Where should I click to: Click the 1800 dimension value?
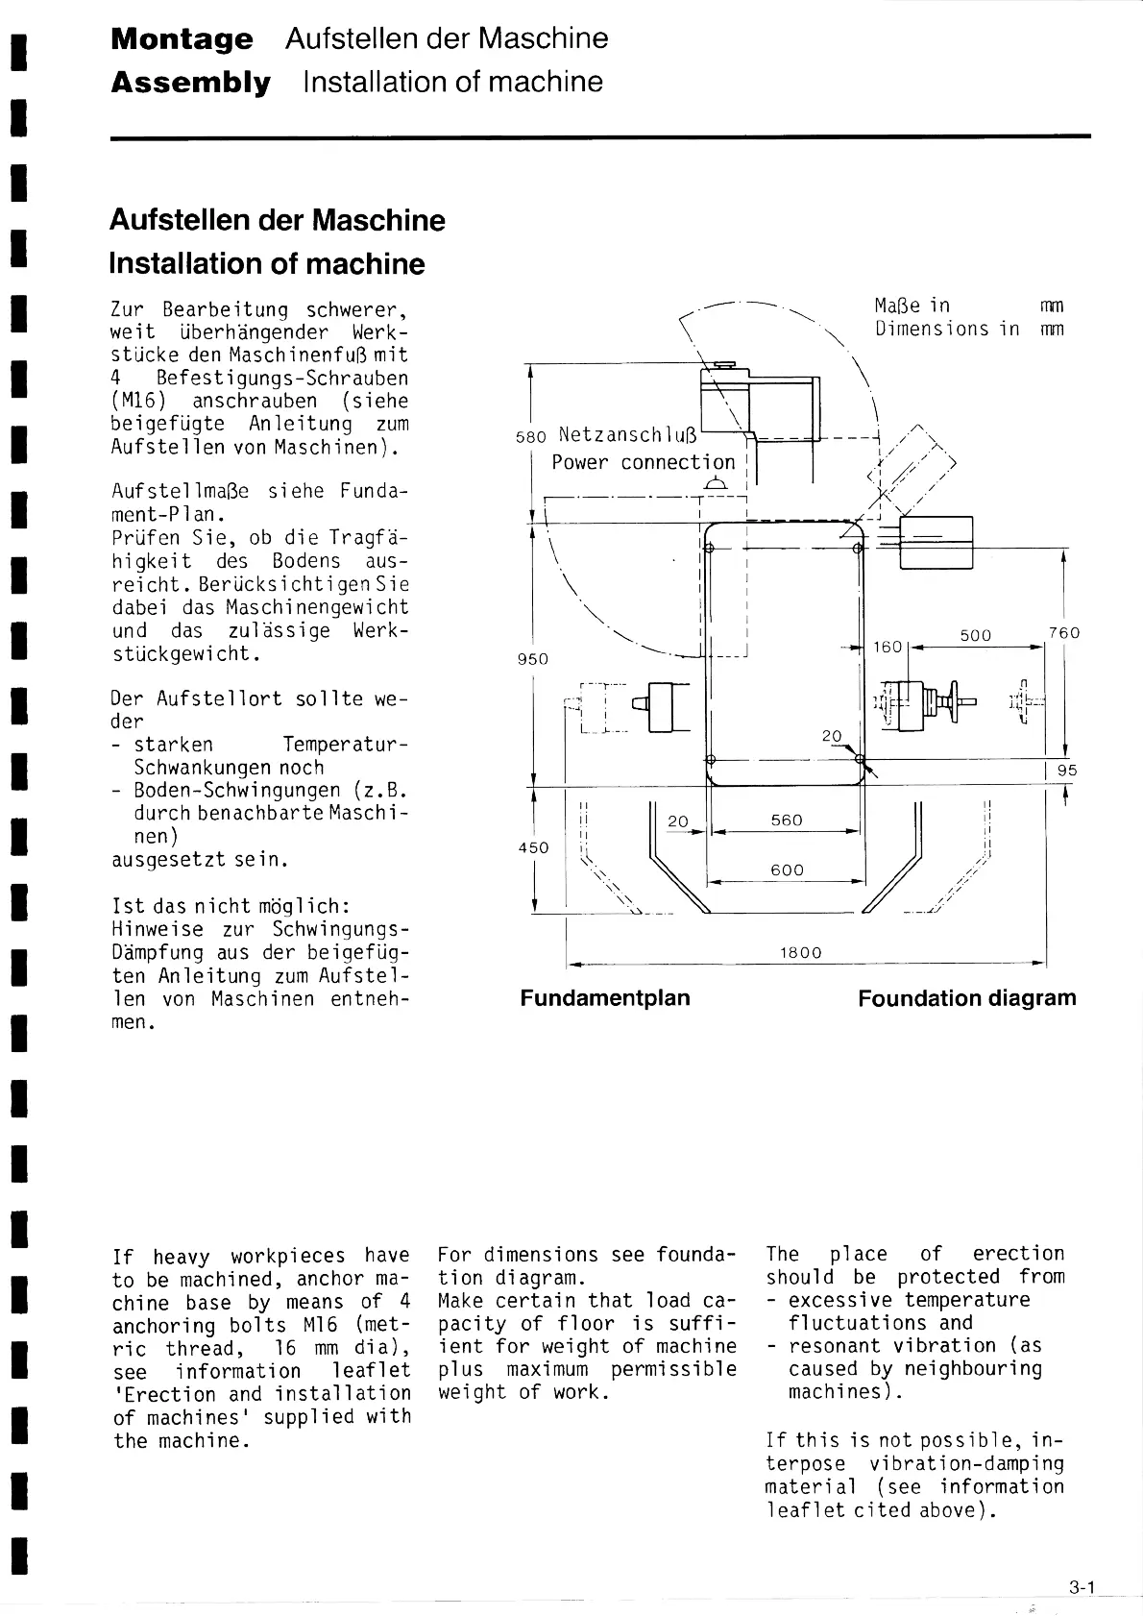point(800,953)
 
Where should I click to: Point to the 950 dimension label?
point(532,659)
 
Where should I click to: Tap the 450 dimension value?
point(533,847)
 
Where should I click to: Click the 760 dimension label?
point(1064,633)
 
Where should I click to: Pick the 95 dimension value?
point(1067,771)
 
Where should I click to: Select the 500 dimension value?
point(975,635)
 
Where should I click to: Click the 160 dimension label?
point(888,647)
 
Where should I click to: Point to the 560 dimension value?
point(787,820)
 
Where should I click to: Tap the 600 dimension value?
point(787,870)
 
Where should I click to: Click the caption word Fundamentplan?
point(605,998)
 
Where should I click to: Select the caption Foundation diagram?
point(966,998)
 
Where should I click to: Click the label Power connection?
point(643,462)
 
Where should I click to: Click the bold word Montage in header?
point(182,39)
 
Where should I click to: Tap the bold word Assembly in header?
point(190,83)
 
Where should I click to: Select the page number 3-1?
point(1082,1588)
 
